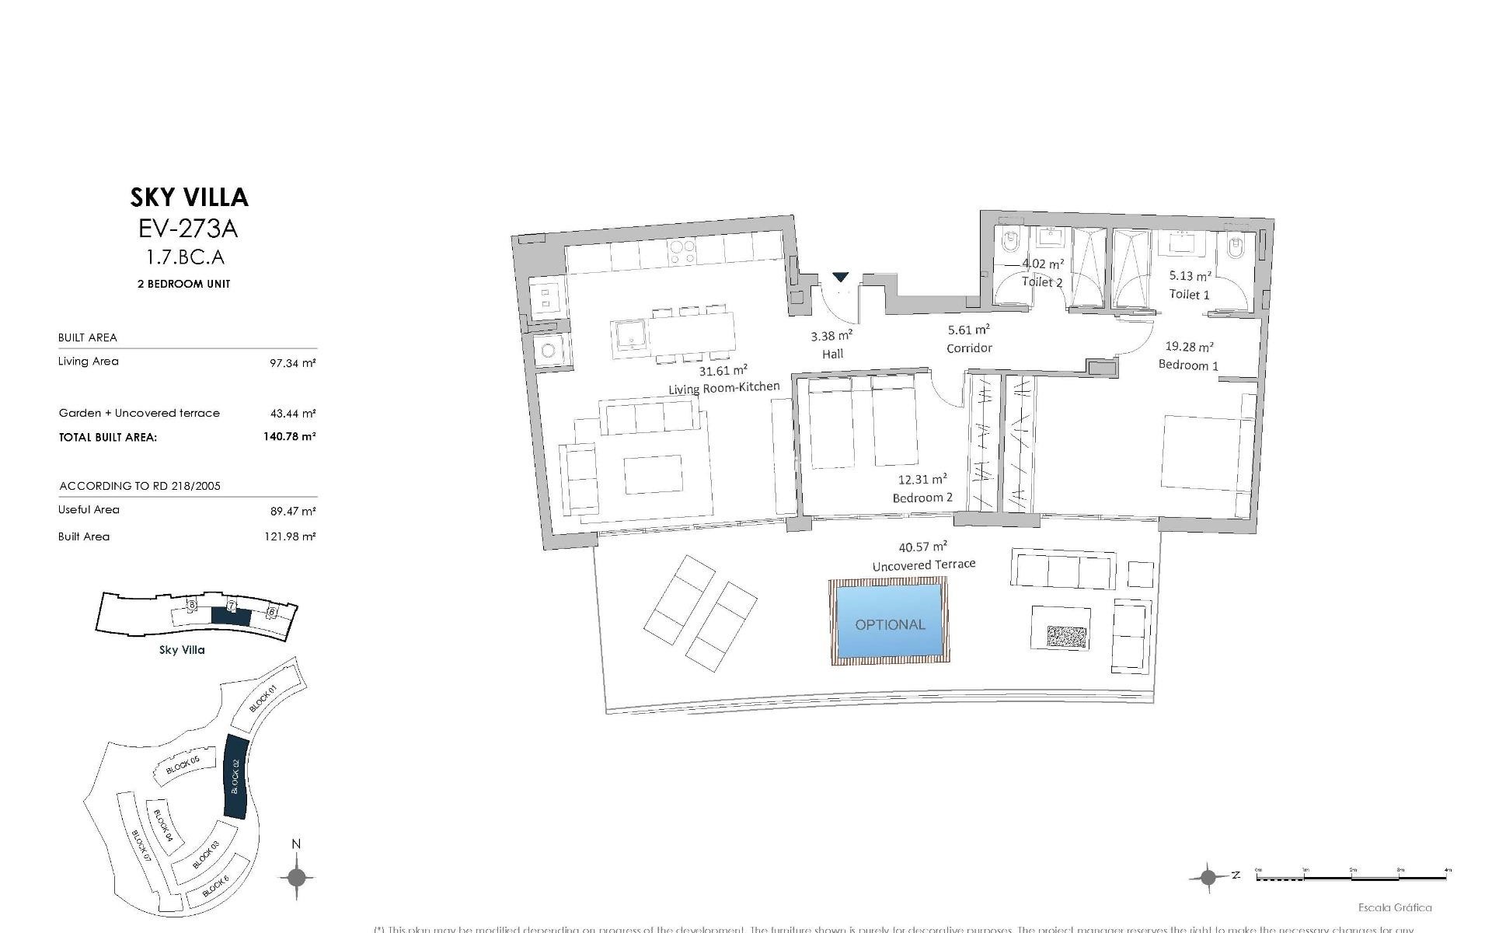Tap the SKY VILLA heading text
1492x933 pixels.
tap(190, 197)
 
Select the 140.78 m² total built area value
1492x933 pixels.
tap(289, 437)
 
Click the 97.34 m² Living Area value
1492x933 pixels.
tap(292, 362)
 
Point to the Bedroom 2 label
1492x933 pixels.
tap(922, 498)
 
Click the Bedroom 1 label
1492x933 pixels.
tap(1188, 365)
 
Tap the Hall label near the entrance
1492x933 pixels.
tap(833, 354)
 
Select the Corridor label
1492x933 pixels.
tap(969, 348)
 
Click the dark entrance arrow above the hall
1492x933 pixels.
tap(841, 277)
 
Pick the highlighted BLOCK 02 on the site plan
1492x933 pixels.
tap(235, 776)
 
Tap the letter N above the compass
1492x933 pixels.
tap(295, 844)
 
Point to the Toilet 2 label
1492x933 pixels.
tap(1041, 282)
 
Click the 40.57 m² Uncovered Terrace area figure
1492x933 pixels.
tap(922, 547)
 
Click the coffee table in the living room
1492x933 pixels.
tap(653, 474)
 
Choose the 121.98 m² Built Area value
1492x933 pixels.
tap(292, 536)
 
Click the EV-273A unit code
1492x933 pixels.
tap(188, 229)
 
